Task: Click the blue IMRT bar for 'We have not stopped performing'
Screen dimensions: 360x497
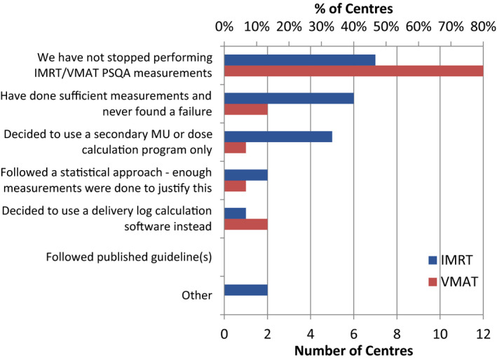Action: point(299,60)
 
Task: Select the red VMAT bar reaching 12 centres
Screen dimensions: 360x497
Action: point(353,71)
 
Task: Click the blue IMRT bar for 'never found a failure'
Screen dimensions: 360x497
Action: point(289,98)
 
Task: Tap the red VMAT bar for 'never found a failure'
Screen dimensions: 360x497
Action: point(245,109)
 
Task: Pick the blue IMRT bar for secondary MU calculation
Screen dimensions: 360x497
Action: point(278,136)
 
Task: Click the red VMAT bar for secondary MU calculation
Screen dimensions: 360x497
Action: point(235,148)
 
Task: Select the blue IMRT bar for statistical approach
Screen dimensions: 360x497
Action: point(245,174)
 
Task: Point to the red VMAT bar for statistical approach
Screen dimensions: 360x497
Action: point(235,186)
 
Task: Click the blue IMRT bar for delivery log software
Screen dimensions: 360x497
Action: point(235,213)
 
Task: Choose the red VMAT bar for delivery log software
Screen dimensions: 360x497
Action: point(245,225)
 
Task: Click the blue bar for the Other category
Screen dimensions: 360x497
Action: point(245,290)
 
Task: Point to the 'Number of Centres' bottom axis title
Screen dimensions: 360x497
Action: point(353,347)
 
